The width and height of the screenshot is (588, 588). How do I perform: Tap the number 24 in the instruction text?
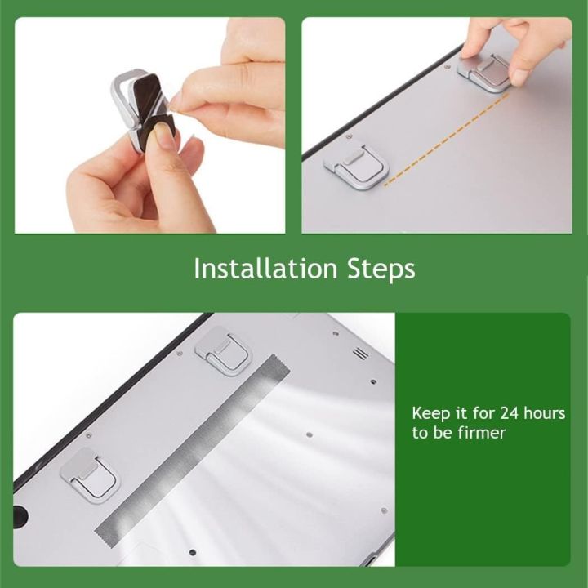point(510,413)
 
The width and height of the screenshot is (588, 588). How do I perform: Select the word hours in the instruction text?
point(544,413)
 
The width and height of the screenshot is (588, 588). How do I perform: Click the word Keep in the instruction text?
point(430,413)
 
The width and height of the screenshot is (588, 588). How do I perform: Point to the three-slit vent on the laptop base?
point(360,354)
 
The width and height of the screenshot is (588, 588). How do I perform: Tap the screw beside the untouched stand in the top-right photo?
point(349,136)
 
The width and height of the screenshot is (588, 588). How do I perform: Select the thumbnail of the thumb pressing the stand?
point(519,77)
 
